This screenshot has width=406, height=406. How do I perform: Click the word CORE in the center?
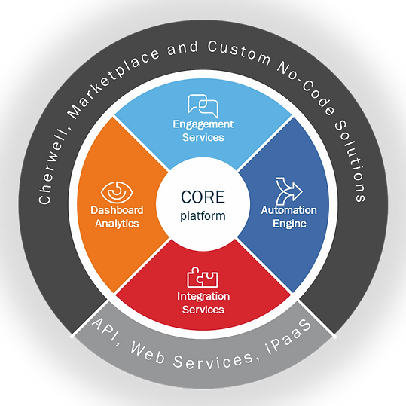coord(203,197)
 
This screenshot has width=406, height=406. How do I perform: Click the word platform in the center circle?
coord(203,216)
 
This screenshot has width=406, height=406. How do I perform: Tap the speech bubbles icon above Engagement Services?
coord(203,106)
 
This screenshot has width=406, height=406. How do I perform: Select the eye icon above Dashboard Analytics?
coord(117,192)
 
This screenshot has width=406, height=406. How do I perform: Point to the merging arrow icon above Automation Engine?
coord(289,191)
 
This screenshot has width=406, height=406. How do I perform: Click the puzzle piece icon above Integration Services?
coord(203,277)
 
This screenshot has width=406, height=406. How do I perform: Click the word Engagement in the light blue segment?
coord(203,124)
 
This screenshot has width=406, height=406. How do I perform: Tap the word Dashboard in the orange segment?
coord(117,210)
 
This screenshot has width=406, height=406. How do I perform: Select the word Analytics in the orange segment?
coord(117,224)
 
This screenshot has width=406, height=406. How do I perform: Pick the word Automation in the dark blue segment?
coord(288,210)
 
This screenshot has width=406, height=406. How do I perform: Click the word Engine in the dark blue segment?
coord(289,224)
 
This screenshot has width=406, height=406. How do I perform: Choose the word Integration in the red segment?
coord(203,297)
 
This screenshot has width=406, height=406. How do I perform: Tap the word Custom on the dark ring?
coord(240,53)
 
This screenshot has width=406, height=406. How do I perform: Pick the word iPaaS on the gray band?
coord(288,337)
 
